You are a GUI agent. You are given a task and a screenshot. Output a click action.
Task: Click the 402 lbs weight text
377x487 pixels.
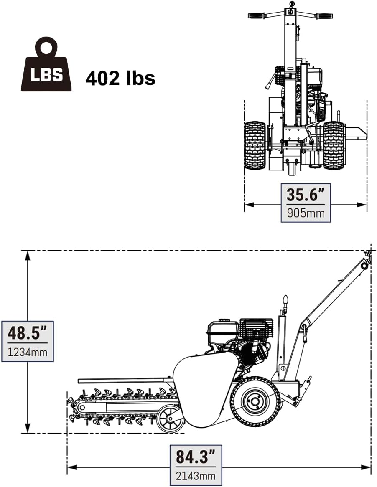click(x=120, y=78)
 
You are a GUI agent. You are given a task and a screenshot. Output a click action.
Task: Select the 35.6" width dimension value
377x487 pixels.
click(x=306, y=195)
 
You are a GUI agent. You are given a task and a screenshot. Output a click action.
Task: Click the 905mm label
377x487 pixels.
click(x=306, y=213)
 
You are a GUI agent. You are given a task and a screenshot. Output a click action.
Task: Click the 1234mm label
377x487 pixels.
click(x=28, y=352)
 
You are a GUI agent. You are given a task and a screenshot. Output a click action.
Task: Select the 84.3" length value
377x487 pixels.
click(x=195, y=457)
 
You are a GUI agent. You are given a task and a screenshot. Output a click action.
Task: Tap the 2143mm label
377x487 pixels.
click(x=195, y=475)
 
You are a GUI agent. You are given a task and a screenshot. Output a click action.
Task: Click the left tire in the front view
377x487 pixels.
click(x=255, y=145)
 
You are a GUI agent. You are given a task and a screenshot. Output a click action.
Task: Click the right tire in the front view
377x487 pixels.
click(x=334, y=145)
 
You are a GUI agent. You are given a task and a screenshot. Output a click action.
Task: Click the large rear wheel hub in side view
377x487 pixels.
click(x=255, y=402)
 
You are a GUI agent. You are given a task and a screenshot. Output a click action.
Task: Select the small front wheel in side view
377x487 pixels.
click(x=171, y=419)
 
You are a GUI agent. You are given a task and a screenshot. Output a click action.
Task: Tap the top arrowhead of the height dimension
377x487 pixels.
click(x=28, y=254)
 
